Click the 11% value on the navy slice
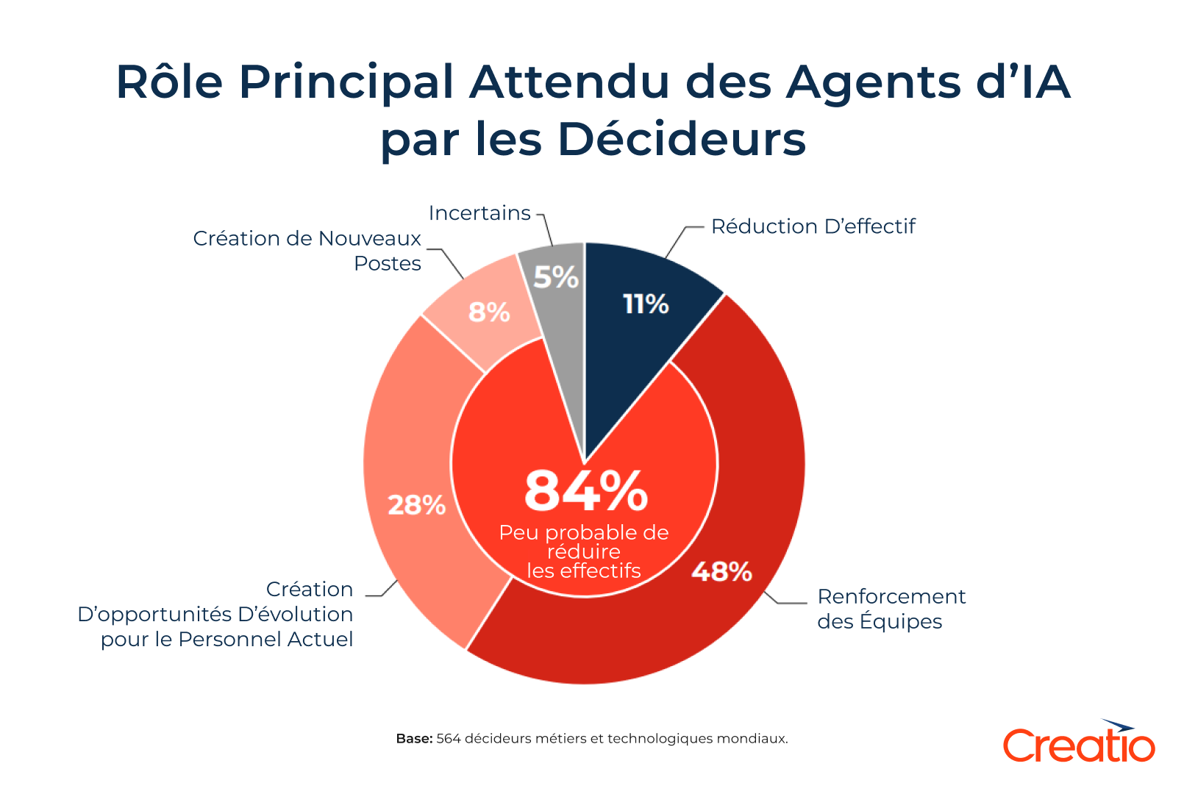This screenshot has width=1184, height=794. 646,304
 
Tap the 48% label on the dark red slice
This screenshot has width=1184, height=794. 721,571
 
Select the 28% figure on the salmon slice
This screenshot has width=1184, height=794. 416,505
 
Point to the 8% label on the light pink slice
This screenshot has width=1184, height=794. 489,312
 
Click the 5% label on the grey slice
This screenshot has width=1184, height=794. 556,277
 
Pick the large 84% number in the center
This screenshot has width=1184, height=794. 585,491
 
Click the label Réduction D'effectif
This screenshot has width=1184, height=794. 813,226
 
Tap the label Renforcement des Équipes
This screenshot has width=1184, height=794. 891,609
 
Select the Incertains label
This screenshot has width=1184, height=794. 479,213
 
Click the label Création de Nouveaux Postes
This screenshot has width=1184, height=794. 307,251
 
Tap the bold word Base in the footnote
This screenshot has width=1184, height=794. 413,738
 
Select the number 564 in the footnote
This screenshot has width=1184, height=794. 449,738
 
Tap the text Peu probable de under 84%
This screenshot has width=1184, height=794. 584,532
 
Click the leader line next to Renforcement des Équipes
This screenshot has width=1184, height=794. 787,601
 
